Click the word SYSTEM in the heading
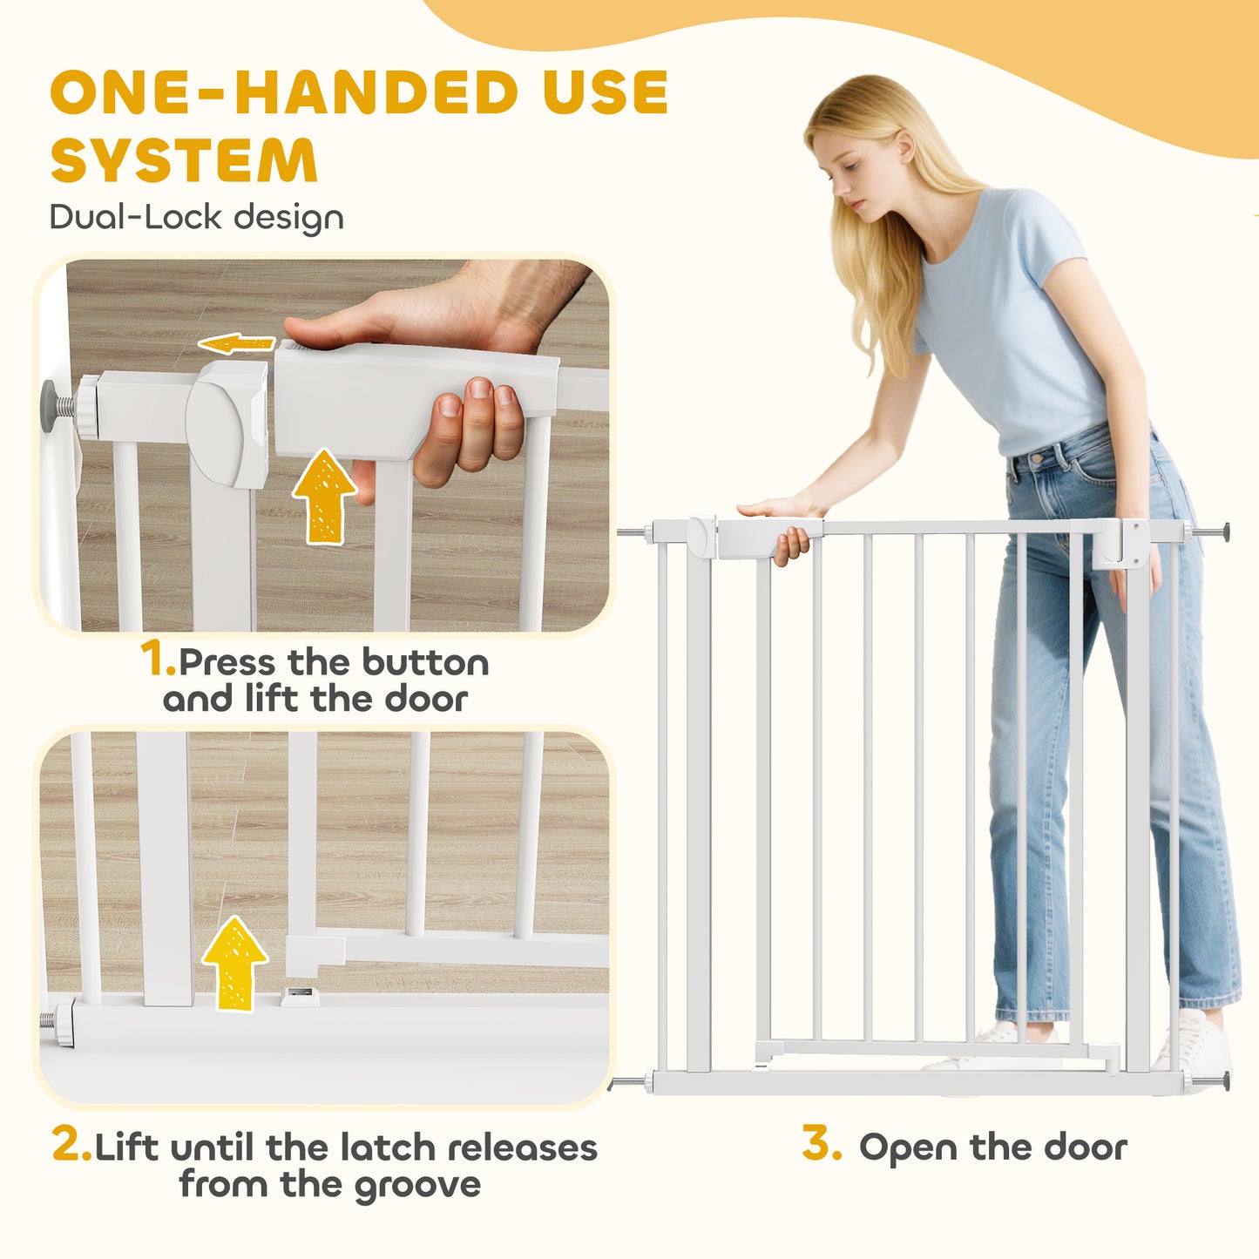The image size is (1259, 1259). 184,161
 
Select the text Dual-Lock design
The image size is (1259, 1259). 196,217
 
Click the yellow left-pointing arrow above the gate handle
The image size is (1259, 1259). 237,343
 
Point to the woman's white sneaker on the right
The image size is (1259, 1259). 1198,1041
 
